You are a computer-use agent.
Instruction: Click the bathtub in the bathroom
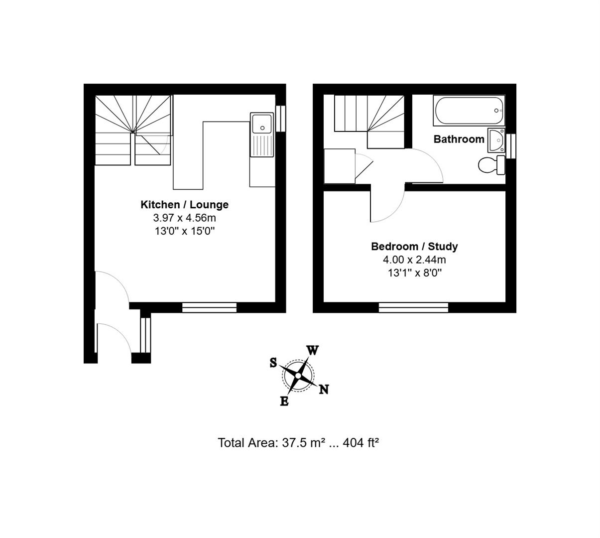(x=469, y=111)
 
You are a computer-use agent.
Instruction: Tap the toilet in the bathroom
(x=491, y=165)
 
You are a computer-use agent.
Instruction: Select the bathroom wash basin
(x=496, y=140)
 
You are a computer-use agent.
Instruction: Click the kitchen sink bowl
(x=262, y=124)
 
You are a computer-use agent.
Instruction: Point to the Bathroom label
(x=459, y=139)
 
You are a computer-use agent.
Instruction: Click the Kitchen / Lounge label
(x=185, y=204)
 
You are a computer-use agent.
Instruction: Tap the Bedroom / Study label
(x=414, y=246)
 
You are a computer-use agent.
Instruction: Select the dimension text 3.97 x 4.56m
(x=185, y=218)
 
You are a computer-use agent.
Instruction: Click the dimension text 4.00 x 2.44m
(x=414, y=260)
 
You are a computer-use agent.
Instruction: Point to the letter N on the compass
(x=324, y=389)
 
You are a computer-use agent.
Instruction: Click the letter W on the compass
(x=312, y=351)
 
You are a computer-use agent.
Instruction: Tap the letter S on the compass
(x=273, y=362)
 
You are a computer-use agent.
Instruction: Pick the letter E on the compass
(x=284, y=401)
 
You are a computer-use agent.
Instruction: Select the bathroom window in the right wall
(x=511, y=146)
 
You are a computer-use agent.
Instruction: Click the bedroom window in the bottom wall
(x=413, y=307)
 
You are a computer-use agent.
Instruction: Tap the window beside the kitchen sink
(x=281, y=119)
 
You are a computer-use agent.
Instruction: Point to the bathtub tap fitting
(x=497, y=111)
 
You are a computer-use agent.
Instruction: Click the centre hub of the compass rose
(x=298, y=376)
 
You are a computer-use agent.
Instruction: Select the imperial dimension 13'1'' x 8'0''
(x=415, y=272)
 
